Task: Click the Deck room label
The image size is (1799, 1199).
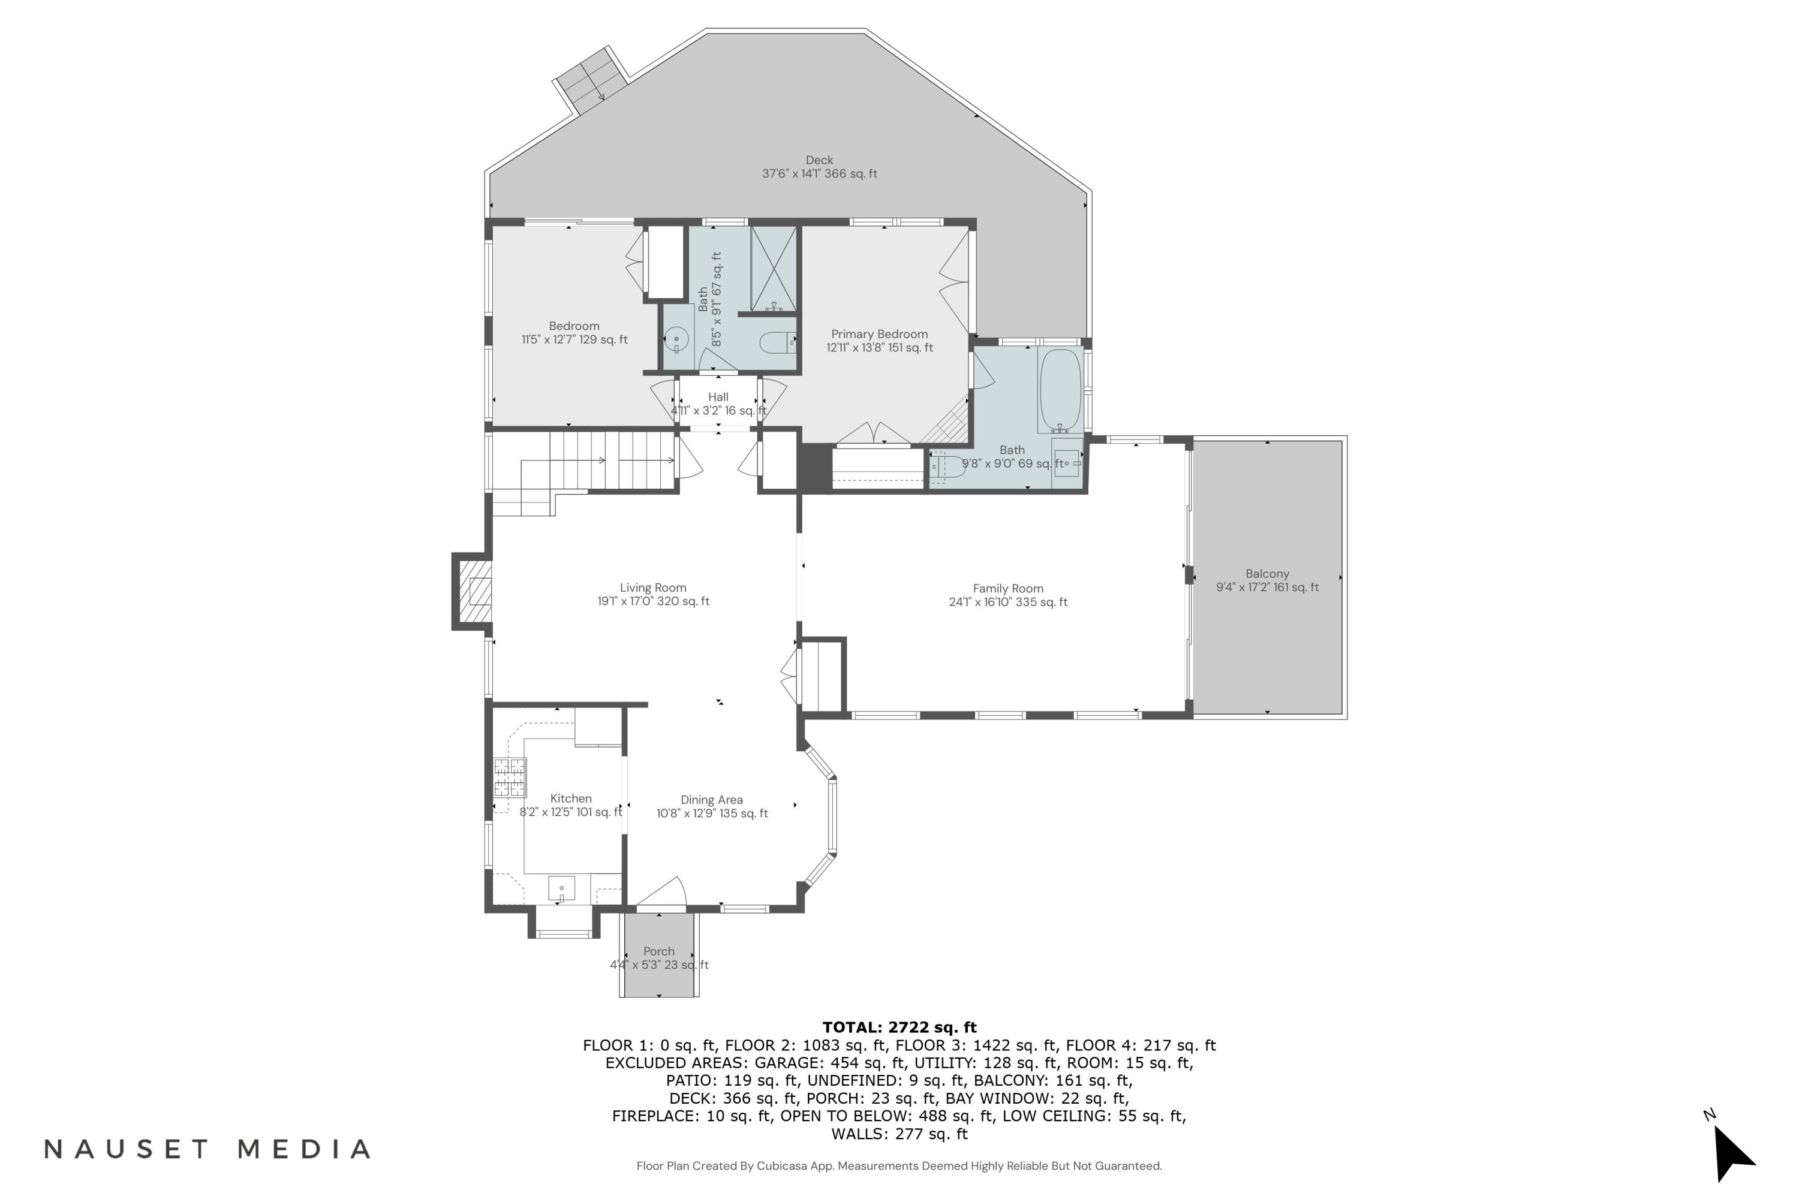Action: pos(819,160)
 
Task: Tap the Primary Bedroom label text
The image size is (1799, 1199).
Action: pos(879,334)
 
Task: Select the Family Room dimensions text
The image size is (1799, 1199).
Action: pos(1007,602)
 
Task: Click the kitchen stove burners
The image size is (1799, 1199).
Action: pos(509,777)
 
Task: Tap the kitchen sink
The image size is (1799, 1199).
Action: pos(561,888)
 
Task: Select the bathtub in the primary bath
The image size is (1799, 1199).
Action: pos(1060,390)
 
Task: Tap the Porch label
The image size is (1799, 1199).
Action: pos(658,951)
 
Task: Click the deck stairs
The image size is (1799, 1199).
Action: pos(591,78)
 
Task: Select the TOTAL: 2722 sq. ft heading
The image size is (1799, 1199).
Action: pos(899,1027)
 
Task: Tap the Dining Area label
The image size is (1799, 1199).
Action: pos(711,800)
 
